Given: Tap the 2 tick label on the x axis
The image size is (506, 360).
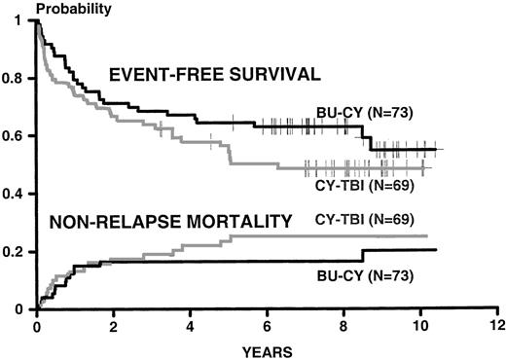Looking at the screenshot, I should pos(113,323).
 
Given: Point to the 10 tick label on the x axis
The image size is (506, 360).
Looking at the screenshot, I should pos(420,323).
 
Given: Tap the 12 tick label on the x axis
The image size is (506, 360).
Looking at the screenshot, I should pos(497,323).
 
